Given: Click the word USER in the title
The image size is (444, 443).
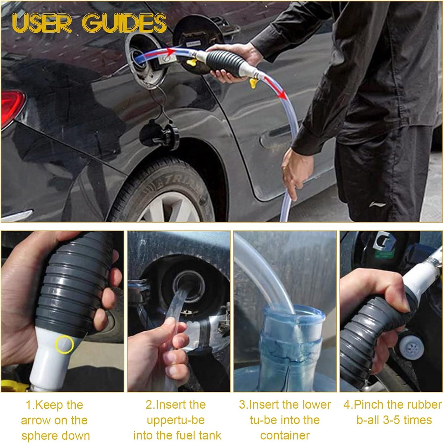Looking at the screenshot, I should [x=41, y=23].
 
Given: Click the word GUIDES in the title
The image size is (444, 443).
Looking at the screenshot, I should [x=124, y=23].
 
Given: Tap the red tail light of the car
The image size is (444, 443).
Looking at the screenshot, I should [x=11, y=108].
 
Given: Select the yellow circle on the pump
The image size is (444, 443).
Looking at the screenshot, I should [x=64, y=345].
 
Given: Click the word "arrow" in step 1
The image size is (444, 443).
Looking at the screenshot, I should [x=38, y=420].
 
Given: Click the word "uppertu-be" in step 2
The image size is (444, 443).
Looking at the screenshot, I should [x=176, y=420].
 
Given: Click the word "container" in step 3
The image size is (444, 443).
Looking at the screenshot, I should [x=285, y=435].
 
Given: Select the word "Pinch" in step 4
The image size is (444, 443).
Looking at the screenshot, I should [x=368, y=405].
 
